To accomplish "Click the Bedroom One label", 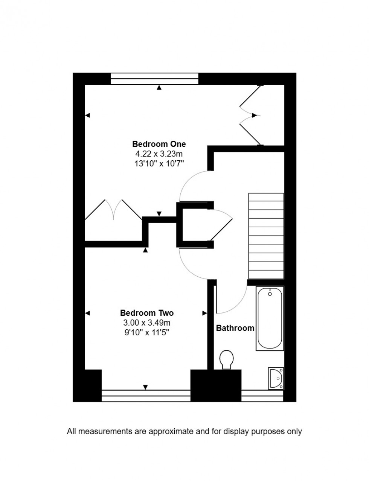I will click(159, 144).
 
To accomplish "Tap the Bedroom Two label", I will click(147, 313).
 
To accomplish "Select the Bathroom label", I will click(235, 328).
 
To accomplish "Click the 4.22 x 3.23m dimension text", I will click(159, 154).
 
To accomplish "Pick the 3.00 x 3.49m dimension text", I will click(147, 323).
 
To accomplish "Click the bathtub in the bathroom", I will click(270, 318).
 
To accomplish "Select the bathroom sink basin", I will click(276, 378).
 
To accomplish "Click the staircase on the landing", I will click(266, 236).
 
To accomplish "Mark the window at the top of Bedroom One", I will click(154, 79).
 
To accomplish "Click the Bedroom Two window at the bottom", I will click(146, 396).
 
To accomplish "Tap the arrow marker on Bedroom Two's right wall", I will click(204, 313).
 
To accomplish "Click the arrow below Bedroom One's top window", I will click(159, 88).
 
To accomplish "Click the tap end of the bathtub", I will click(270, 293).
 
